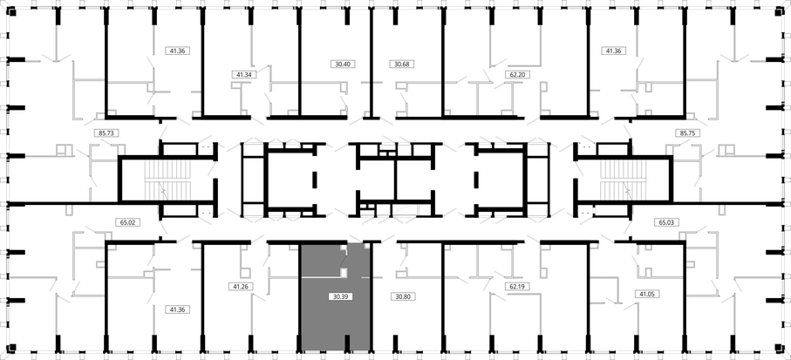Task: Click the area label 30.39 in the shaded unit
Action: click(340, 297)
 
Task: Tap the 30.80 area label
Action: click(403, 297)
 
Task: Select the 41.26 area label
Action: click(240, 287)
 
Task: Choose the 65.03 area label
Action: click(667, 222)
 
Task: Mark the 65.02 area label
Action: click(124, 222)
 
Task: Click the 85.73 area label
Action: click(106, 133)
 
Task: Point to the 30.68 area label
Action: click(401, 64)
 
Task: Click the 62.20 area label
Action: click(516, 75)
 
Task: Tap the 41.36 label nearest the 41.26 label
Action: click(178, 309)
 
